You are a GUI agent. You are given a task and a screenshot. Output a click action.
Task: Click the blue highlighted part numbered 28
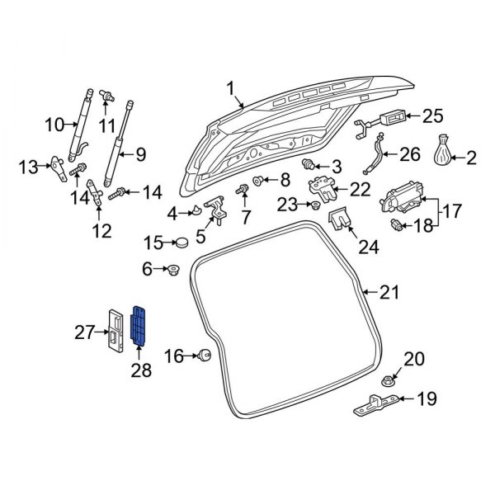[x=141, y=323]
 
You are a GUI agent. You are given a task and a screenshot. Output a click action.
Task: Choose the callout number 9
[x=139, y=153]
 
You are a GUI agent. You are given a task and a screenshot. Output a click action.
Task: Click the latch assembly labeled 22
[x=323, y=189]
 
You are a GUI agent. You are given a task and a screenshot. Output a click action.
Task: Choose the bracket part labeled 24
[x=341, y=220]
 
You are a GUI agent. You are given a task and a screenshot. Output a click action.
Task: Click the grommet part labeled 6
[x=174, y=269]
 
